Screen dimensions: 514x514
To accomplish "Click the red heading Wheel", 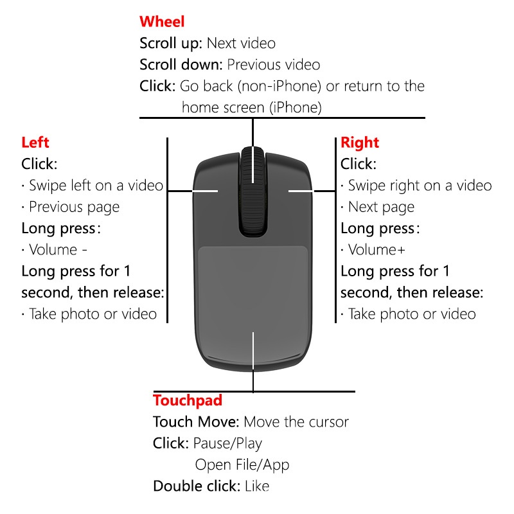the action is point(162,22).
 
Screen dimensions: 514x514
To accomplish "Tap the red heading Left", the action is point(35,143).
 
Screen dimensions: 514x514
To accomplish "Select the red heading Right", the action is point(360,143).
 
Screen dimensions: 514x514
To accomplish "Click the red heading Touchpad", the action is point(188,400).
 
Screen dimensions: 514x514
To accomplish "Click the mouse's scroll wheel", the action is point(253,191).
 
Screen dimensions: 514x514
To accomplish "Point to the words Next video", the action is point(242,43).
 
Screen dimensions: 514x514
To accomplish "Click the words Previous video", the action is point(274,65).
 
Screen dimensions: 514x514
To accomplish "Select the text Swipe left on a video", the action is point(96,186).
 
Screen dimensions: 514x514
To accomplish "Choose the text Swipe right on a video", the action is point(420,186).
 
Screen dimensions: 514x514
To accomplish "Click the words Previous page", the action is point(75,207).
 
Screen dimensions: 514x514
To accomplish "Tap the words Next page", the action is point(381,207).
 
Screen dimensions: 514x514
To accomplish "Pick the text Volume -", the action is point(58,250).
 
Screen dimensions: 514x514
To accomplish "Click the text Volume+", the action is point(377,250).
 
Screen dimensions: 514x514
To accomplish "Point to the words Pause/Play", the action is point(228,443).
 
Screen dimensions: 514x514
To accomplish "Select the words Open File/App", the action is point(242,465).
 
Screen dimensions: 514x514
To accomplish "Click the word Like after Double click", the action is point(257,486).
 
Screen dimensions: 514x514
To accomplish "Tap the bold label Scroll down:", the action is point(181,65).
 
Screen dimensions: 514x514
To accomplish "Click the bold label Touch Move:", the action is point(196,422).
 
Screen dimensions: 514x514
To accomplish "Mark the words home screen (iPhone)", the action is point(252,107).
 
